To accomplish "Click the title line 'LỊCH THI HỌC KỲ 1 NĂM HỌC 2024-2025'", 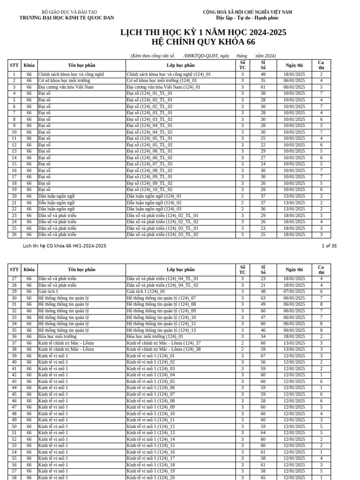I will point(203,32).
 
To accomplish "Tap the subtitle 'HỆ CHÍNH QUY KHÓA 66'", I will point(203,42).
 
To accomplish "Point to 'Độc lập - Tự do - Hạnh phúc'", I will point(247,18).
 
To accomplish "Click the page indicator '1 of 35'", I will point(329,246).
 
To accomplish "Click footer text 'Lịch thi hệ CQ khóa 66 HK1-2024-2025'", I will point(65,246).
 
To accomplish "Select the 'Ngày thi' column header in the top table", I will point(293,65).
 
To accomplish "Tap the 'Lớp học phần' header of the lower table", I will point(180,270).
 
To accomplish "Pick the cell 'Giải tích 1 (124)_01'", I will point(146,292).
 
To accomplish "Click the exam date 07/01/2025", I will point(294,292).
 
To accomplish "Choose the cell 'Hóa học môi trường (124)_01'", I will point(155,337).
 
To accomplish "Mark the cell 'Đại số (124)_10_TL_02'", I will point(150,190).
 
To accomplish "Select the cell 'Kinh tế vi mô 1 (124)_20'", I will point(150,478).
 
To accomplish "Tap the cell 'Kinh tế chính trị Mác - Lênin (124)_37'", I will point(164,343).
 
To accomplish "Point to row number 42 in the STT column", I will point(14,375).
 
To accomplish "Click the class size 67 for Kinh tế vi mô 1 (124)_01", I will point(263,356).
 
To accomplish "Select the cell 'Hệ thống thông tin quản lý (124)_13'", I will point(161,330).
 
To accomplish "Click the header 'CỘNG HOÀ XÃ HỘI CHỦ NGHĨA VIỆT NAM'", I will point(247,12).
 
